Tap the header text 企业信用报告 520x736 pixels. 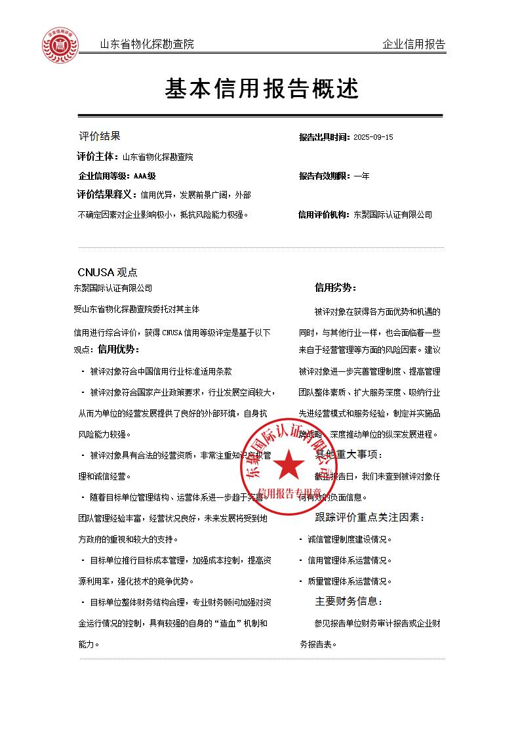pos(413,45)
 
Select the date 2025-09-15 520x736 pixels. pos(373,138)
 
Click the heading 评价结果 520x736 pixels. pos(100,136)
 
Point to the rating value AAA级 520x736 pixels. pos(144,176)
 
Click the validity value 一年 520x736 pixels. pos(361,176)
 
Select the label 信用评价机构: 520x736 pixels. pos(325,215)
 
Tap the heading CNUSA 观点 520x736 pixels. pos(108,272)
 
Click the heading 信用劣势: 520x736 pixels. pos(336,287)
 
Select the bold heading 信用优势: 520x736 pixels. pos(119,349)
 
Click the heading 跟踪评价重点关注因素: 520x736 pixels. pos(370,518)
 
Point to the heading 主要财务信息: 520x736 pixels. pos(349,601)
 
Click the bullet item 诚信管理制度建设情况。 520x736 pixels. pos(350,540)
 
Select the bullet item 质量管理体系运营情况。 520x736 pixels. pos(350,581)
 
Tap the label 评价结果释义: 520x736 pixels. pos(107,195)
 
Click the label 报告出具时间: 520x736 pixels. pos(325,138)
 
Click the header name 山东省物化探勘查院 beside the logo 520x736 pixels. pos(147,45)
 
